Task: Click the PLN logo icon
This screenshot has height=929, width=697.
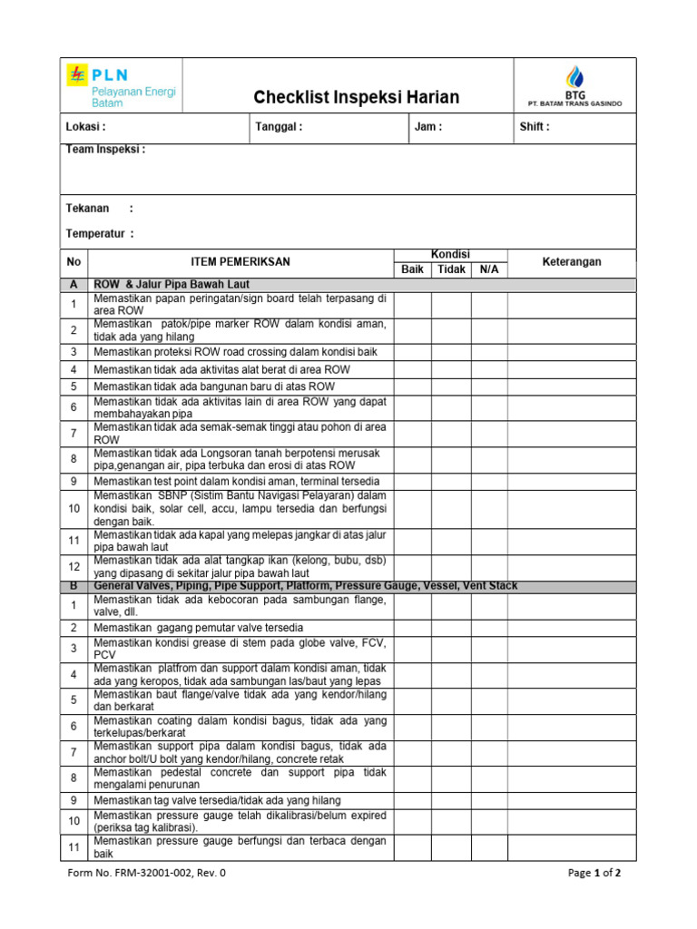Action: [x=76, y=74]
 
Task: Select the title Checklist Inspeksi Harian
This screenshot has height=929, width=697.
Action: [x=356, y=97]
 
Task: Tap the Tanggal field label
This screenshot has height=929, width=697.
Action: [x=280, y=127]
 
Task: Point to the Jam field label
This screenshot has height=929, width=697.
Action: [x=428, y=127]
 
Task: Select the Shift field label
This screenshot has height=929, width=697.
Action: [x=535, y=127]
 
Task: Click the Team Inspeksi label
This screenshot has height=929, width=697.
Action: [x=105, y=150]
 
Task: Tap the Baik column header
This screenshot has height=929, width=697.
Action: [x=412, y=269]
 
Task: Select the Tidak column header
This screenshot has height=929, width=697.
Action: [x=451, y=269]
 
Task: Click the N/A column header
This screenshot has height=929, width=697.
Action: [x=489, y=269]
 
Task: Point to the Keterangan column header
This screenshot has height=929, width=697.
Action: [x=572, y=261]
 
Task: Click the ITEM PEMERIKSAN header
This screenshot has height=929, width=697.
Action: [x=241, y=261]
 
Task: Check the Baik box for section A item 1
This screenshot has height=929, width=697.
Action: [x=412, y=304]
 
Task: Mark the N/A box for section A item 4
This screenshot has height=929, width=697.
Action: [x=489, y=369]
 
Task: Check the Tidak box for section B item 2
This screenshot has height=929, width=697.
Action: [x=451, y=628]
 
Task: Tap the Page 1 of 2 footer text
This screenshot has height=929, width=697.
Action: [x=594, y=874]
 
